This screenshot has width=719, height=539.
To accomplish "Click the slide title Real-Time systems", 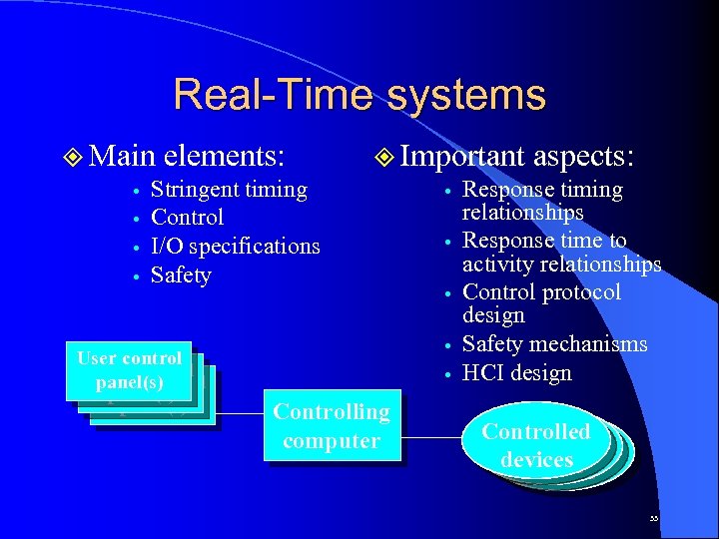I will (x=359, y=95).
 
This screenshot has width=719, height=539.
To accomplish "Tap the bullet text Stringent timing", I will (x=229, y=190).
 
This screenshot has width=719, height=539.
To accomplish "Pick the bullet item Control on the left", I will (x=187, y=218).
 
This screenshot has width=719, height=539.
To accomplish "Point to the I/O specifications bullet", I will (x=235, y=246).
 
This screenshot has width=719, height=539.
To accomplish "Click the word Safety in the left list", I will (x=181, y=274).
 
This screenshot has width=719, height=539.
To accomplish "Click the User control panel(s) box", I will (x=131, y=370).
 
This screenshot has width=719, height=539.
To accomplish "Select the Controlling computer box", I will (x=332, y=426).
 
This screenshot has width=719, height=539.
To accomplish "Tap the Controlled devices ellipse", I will (x=536, y=445).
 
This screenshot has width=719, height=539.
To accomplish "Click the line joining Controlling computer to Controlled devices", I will (x=431, y=437).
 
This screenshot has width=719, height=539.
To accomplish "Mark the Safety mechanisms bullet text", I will (x=554, y=344).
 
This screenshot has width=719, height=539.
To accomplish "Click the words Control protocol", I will (x=541, y=292).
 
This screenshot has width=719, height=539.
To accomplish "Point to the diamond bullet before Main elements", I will (x=70, y=157).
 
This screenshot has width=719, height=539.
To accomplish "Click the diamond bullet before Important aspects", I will (x=384, y=157).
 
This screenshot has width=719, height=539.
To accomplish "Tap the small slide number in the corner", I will (x=653, y=519).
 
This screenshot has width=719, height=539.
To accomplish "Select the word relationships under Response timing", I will (x=522, y=213).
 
